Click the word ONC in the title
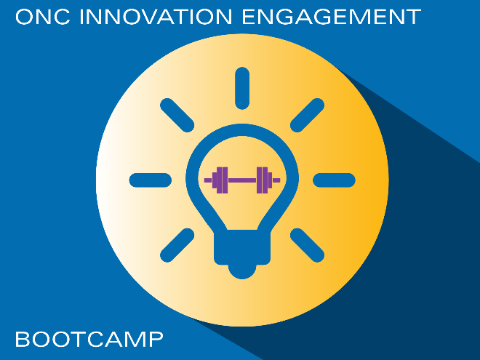(43, 17)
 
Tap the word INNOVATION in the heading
(156, 17)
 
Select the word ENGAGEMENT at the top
(332, 17)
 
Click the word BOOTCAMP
(89, 339)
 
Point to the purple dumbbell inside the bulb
(242, 180)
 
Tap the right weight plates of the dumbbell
(264, 180)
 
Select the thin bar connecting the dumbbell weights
(242, 180)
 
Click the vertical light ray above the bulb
(242, 88)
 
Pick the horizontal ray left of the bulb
(151, 180)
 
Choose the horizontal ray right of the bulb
(334, 180)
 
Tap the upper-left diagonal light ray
(177, 116)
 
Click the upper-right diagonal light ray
(307, 116)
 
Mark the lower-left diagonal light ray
(177, 245)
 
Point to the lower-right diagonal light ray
(307, 245)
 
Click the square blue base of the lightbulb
(242, 247)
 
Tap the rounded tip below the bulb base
(242, 272)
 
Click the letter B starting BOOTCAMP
(23, 339)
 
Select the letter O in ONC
(24, 17)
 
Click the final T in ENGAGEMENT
(414, 17)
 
